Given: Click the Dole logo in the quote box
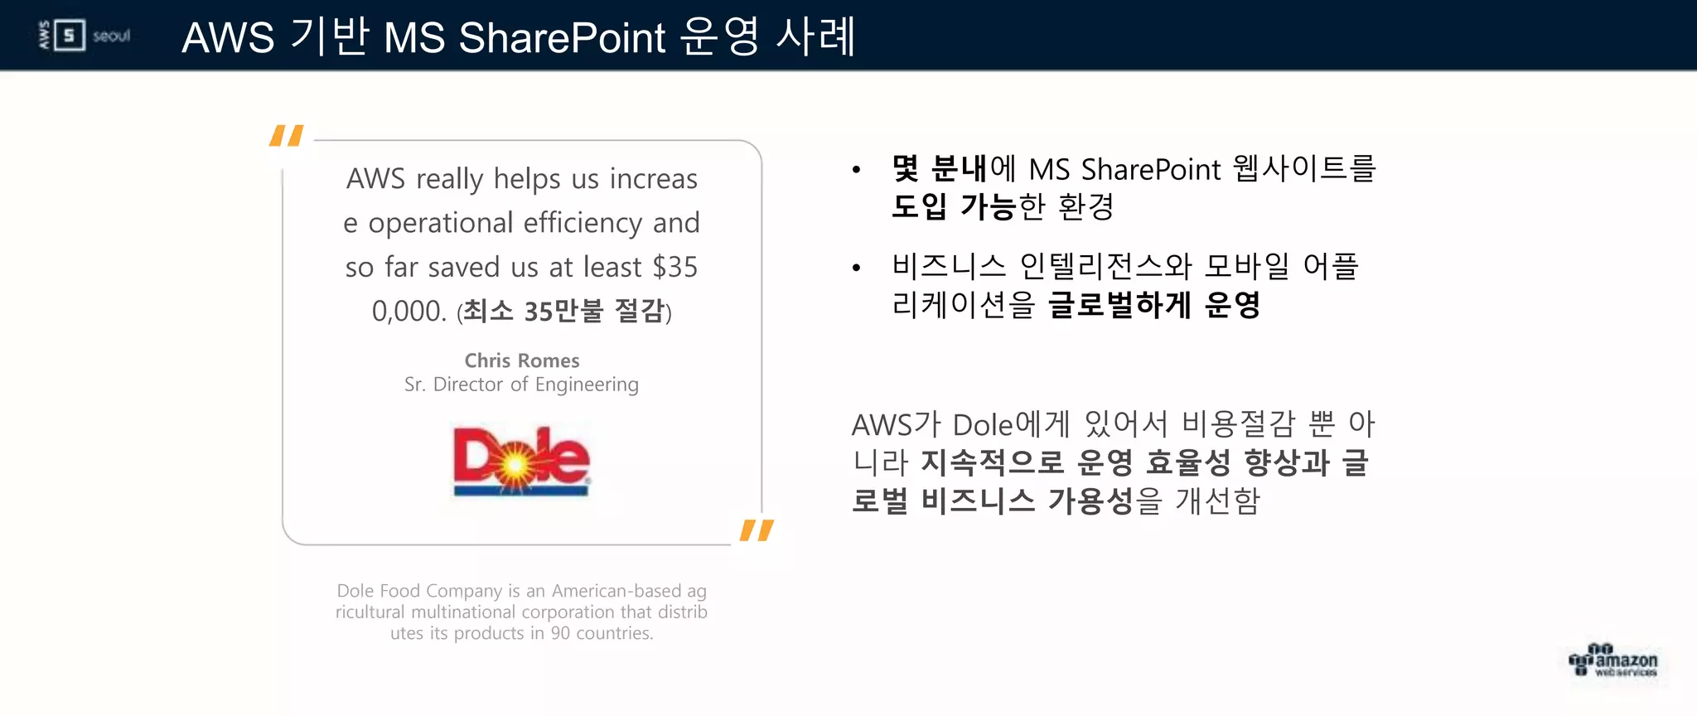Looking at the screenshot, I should click(521, 461).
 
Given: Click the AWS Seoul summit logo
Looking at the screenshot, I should click(85, 36).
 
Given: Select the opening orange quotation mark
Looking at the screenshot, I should click(287, 135).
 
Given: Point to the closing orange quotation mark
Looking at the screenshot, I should click(757, 530).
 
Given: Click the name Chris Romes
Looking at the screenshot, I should click(521, 360).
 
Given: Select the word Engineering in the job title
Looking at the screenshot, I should click(587, 385).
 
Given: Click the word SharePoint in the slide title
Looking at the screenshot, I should click(562, 38).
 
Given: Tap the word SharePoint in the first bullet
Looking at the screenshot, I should click(1150, 169).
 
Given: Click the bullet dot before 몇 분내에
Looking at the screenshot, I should click(857, 171).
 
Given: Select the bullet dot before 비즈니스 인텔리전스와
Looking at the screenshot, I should click(857, 268).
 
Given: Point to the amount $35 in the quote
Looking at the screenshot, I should click(674, 267).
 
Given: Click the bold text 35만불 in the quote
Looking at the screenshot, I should click(563, 311).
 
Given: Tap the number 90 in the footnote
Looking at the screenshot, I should click(560, 633).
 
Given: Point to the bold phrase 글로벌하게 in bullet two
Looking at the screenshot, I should click(1119, 305).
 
